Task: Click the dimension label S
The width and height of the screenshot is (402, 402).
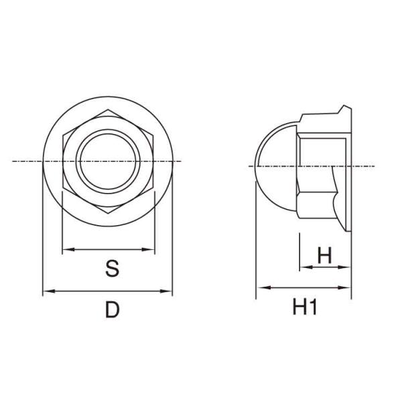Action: point(113,269)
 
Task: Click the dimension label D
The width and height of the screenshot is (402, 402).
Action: point(113,310)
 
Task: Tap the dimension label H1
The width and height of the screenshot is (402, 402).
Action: point(305,308)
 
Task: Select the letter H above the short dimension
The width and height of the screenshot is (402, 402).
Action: point(324,255)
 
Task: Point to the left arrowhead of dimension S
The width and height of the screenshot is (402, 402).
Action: point(68,249)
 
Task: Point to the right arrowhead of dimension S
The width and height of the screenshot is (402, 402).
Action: point(149,249)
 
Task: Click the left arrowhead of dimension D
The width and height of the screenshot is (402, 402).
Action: point(49,291)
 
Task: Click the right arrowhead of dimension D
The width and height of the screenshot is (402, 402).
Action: point(166,291)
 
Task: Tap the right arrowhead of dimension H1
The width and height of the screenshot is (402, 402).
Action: point(344,287)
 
